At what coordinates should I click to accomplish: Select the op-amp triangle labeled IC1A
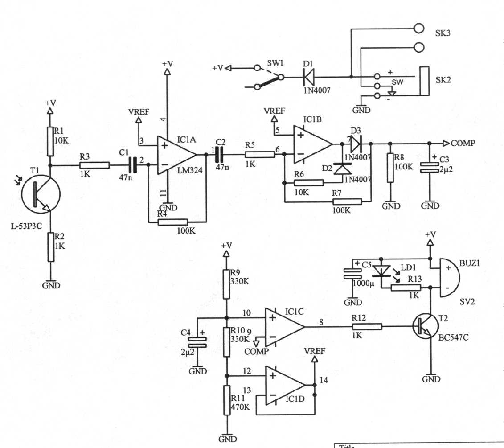pos(176,155)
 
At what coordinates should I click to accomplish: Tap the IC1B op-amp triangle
pos(312,144)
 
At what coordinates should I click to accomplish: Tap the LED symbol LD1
pos(381,271)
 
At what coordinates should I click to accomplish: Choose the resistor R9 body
pos(226,284)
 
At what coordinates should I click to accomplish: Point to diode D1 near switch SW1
pos(308,77)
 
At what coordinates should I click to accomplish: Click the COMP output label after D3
pos(463,143)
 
